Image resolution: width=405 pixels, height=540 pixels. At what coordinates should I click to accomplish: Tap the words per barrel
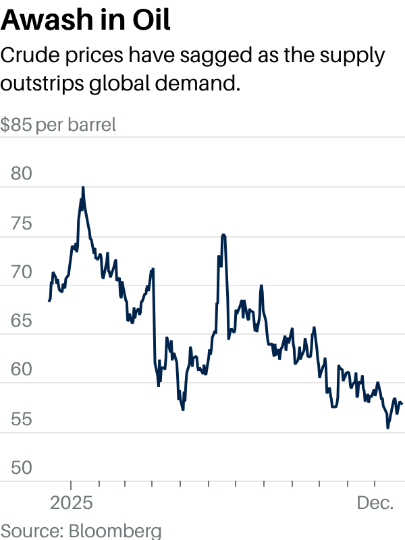[76, 125]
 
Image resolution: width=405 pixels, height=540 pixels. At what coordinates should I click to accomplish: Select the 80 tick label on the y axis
[22, 173]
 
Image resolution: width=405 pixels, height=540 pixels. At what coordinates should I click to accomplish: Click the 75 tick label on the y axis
[22, 223]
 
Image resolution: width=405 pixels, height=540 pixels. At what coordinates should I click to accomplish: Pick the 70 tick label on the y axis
[22, 272]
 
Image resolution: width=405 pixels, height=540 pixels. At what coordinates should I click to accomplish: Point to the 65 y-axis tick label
[22, 321]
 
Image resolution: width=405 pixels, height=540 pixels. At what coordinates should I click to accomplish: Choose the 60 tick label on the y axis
[22, 370]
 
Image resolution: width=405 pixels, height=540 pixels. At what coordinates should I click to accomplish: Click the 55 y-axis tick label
[22, 419]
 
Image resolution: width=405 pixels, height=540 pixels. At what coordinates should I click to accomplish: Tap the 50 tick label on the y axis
[22, 468]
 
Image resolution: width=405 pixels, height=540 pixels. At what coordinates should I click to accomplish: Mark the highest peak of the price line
[83, 187]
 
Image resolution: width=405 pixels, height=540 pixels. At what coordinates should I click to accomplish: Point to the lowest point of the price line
[387, 428]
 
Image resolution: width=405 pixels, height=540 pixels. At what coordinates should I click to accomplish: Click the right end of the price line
[402, 404]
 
